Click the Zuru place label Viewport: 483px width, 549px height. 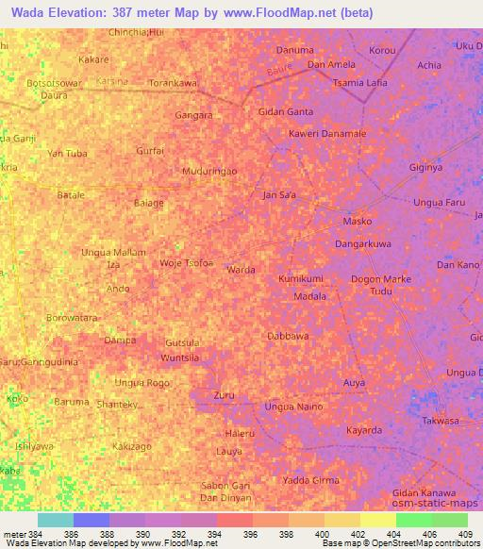[224, 394]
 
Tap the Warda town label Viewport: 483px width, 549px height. [241, 269]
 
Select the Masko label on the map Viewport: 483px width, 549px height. [357, 223]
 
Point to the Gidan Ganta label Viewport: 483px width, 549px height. [286, 111]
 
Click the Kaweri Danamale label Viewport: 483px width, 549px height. [327, 134]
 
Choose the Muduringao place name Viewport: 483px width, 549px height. [208, 171]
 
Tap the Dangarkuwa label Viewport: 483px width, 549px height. [364, 243]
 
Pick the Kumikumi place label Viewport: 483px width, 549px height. [301, 280]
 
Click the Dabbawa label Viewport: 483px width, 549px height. [288, 335]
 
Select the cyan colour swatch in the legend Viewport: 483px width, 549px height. [55, 520]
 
